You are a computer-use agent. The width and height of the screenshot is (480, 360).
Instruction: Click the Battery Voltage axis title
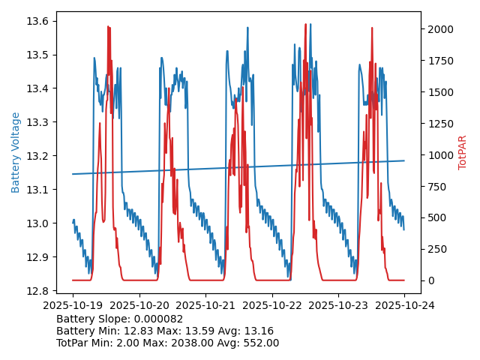pos(16,152)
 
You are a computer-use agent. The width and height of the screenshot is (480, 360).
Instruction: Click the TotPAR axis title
pos(462,152)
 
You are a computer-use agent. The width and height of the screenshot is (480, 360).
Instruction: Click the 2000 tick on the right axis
pos(439,29)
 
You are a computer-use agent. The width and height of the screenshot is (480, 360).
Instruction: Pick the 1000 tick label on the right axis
pos(439,155)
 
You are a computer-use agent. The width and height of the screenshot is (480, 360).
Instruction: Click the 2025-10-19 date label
pos(73,305)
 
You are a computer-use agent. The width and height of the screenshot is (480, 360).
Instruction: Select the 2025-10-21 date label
pos(205,305)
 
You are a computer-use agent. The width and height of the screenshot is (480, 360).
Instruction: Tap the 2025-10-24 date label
pos(404,305)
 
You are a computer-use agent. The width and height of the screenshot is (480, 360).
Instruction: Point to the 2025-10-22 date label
pos(271,305)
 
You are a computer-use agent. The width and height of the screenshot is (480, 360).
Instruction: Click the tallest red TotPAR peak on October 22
pos(305,25)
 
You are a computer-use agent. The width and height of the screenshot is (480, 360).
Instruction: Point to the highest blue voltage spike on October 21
pos(247,28)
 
